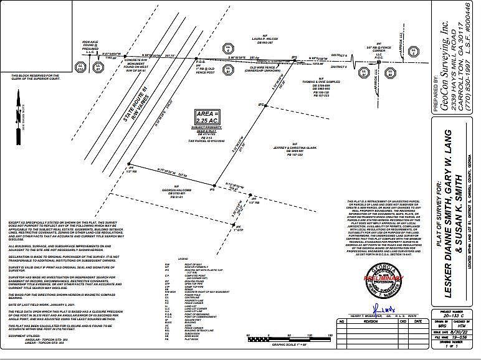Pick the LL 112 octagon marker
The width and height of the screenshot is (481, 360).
pos(80,67)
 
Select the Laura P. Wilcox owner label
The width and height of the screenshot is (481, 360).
pos(264,40)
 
